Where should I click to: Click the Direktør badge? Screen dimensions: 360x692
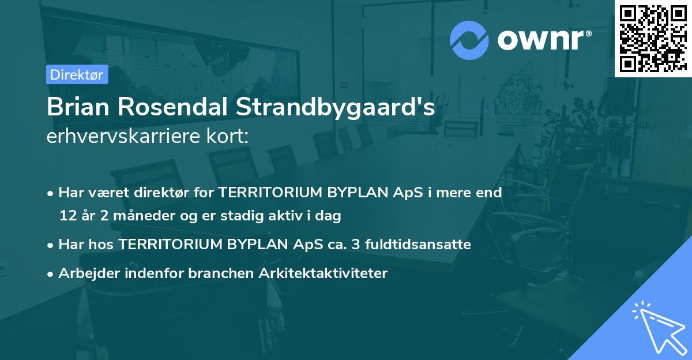point(77,74)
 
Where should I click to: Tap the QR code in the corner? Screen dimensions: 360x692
point(653,38)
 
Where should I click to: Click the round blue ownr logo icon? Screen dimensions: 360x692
point(469,40)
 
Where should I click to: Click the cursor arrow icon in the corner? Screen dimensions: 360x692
point(657,327)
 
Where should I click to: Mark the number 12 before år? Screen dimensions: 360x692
point(67,216)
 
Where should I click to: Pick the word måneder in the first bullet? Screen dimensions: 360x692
point(129,216)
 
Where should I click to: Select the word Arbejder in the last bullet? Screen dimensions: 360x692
point(84,273)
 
